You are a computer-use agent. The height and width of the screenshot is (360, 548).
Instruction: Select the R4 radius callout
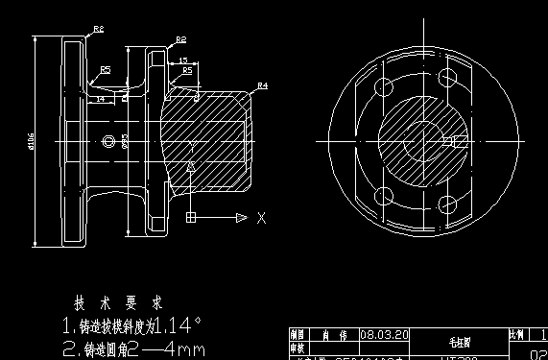click(261, 86)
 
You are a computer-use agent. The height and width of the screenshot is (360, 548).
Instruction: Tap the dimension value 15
click(182, 61)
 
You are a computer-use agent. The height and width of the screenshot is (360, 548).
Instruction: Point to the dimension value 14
click(99, 98)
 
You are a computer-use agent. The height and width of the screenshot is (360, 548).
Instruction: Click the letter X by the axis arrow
click(261, 219)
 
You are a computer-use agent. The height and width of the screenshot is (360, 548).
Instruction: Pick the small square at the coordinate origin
click(192, 219)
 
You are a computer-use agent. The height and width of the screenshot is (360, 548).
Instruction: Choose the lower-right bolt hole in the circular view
click(446, 203)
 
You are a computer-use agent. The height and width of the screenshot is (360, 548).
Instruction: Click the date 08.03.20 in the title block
click(383, 335)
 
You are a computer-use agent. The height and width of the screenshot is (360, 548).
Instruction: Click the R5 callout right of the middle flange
click(187, 71)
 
